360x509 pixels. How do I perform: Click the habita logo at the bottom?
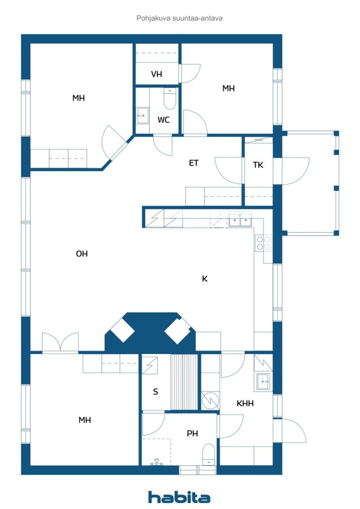click(x=179, y=497)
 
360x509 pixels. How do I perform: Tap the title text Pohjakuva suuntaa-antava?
click(x=179, y=18)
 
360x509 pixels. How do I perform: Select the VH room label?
click(x=157, y=75)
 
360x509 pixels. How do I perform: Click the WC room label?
click(x=164, y=120)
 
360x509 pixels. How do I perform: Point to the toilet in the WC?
click(x=170, y=99)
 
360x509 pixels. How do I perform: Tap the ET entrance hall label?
click(x=194, y=163)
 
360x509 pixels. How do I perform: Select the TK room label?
click(x=258, y=165)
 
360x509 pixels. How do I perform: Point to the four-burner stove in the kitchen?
click(x=263, y=243)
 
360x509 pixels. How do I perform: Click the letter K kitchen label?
click(x=204, y=279)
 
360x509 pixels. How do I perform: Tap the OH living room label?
click(x=82, y=254)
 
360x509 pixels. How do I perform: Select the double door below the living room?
click(x=60, y=343)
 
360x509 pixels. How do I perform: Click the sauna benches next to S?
click(x=184, y=382)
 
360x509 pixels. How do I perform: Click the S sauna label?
click(x=155, y=392)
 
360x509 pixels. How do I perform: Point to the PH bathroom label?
click(x=192, y=433)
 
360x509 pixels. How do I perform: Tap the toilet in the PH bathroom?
click(x=209, y=454)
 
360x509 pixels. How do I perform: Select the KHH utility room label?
click(x=245, y=404)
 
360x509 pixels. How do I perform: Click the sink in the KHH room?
click(x=263, y=382)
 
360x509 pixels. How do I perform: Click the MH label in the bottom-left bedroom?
click(x=85, y=420)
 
